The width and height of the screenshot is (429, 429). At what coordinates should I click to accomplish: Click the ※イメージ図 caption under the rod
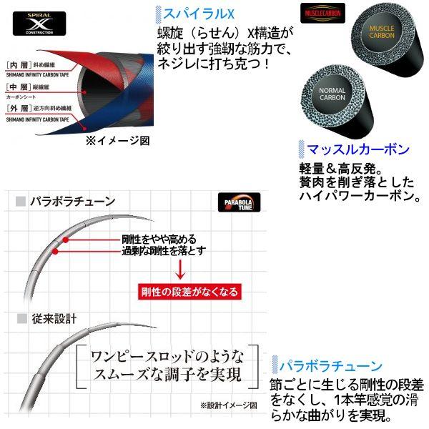[117, 141]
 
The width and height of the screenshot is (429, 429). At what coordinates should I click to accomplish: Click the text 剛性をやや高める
[159, 239]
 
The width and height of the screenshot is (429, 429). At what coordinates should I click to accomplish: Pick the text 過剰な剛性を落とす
[164, 250]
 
